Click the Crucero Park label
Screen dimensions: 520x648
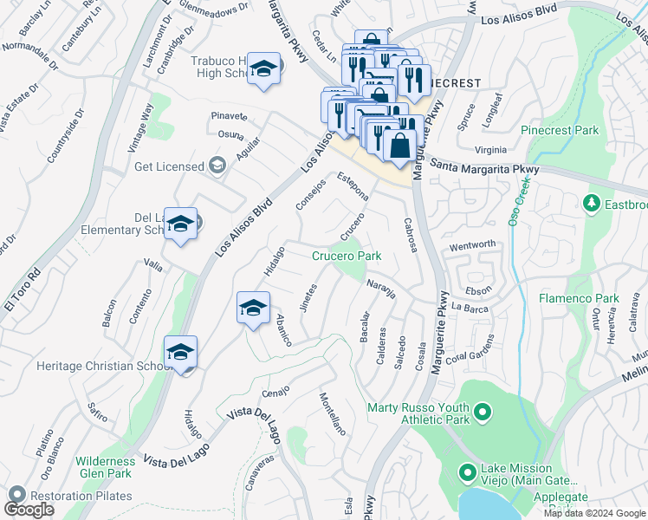coord(347,257)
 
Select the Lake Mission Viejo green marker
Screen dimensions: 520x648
coord(468,473)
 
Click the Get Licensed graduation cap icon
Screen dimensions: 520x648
coord(217,166)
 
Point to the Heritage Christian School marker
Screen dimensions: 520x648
coord(180,353)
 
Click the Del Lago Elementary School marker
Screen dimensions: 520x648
coord(180,224)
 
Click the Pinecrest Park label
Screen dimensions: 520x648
coord(560,131)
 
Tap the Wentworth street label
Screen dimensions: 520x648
coord(472,245)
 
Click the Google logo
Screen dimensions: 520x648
coord(29,510)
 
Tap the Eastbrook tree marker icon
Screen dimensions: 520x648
coord(592,203)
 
